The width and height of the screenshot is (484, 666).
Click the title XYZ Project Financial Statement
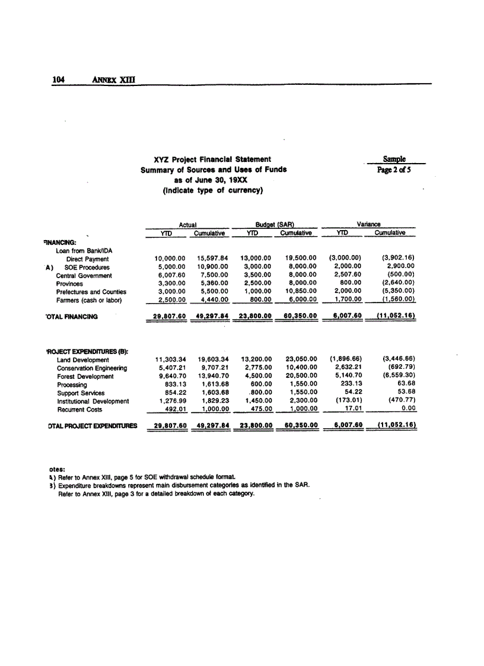(x=212, y=159)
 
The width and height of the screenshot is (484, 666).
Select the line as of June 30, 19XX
(x=212, y=180)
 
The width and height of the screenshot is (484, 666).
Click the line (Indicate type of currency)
(x=212, y=190)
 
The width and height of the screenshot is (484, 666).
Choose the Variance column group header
(x=369, y=225)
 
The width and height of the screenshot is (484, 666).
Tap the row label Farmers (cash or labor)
(x=89, y=301)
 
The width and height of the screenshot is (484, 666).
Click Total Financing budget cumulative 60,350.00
(x=301, y=317)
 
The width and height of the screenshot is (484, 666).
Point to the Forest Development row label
(x=85, y=377)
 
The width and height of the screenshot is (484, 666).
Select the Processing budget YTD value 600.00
(x=260, y=385)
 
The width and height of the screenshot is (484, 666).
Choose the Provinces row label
(x=70, y=284)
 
